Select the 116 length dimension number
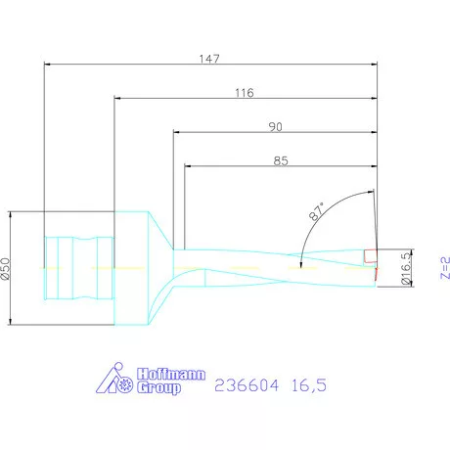[244, 93]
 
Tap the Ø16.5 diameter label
[406, 266]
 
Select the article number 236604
[247, 385]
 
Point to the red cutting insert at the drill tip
[369, 257]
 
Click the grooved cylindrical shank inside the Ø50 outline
[78, 265]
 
